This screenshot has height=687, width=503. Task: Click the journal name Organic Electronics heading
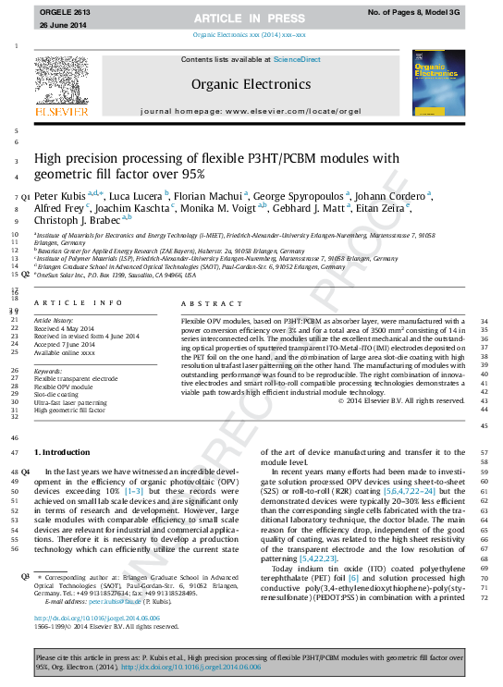click(251, 82)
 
